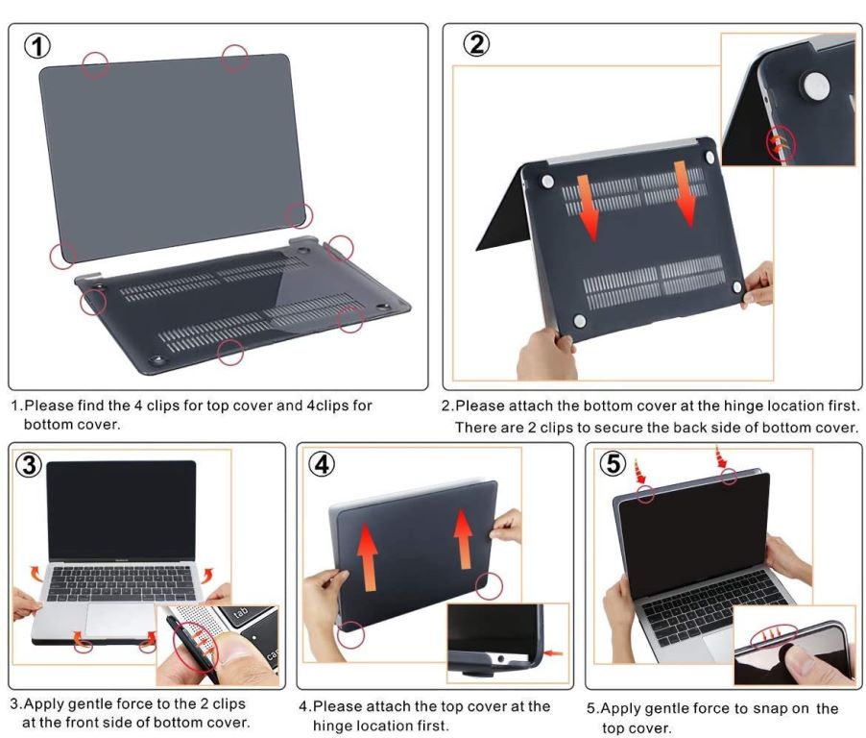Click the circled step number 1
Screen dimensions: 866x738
(37, 46)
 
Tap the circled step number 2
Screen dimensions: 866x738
(476, 43)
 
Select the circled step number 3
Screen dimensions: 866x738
(29, 464)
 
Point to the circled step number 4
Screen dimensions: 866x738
(322, 464)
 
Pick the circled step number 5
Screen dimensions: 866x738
(613, 463)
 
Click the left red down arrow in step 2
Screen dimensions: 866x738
(588, 208)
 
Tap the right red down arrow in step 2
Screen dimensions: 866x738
(685, 194)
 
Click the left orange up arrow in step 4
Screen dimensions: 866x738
(367, 556)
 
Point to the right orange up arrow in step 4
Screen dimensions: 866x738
(464, 539)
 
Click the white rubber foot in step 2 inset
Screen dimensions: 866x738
(816, 86)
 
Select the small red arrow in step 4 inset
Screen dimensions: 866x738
(553, 653)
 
